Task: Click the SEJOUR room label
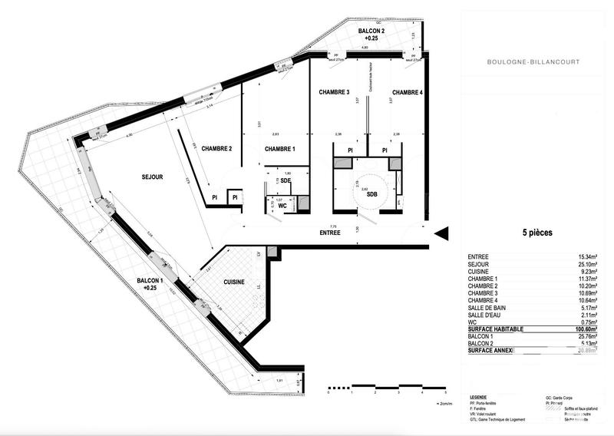(152, 177)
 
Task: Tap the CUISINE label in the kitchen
(234, 282)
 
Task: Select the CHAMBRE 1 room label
(280, 149)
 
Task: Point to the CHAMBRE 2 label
(217, 149)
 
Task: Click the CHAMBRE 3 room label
(334, 92)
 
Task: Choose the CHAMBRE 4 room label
(406, 92)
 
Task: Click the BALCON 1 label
(150, 284)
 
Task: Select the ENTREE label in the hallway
(331, 232)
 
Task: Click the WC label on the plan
(282, 206)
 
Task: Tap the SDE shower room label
(286, 180)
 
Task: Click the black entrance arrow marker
(440, 233)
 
